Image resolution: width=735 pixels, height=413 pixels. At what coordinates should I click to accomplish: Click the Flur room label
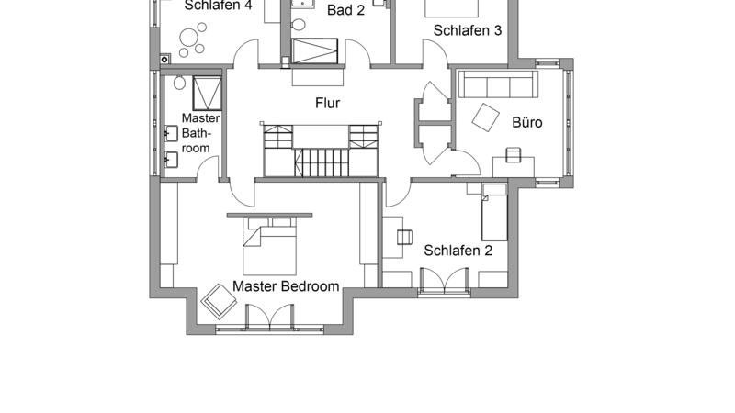click(328, 103)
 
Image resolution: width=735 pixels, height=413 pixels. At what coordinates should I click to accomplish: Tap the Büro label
click(527, 123)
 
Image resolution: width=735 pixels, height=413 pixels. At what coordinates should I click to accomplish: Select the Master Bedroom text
click(286, 286)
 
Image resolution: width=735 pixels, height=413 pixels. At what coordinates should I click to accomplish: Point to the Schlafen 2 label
click(458, 251)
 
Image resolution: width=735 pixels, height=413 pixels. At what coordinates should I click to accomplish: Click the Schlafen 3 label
click(468, 30)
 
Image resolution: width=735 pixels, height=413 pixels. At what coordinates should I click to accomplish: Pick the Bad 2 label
click(346, 10)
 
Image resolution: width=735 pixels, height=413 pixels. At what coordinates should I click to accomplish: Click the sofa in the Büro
click(498, 84)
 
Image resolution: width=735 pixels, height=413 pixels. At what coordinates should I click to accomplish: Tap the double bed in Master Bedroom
click(269, 246)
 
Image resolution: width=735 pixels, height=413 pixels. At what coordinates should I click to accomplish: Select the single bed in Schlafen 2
click(494, 212)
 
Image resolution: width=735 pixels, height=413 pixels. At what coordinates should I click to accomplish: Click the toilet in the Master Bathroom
click(179, 83)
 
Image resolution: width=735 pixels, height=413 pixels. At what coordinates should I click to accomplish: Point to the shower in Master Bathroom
click(208, 94)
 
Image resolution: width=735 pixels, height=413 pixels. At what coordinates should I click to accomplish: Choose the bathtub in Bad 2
click(314, 51)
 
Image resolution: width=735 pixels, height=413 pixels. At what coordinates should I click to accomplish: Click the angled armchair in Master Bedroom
click(219, 302)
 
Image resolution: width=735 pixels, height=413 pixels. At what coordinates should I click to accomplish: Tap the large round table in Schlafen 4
click(189, 37)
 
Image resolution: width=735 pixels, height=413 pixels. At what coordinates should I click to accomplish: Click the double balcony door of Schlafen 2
click(445, 281)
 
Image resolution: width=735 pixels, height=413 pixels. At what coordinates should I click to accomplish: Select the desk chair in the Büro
click(514, 155)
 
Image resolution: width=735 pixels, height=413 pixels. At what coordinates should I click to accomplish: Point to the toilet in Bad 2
click(298, 25)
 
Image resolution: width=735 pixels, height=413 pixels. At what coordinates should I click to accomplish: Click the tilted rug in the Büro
click(486, 117)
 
